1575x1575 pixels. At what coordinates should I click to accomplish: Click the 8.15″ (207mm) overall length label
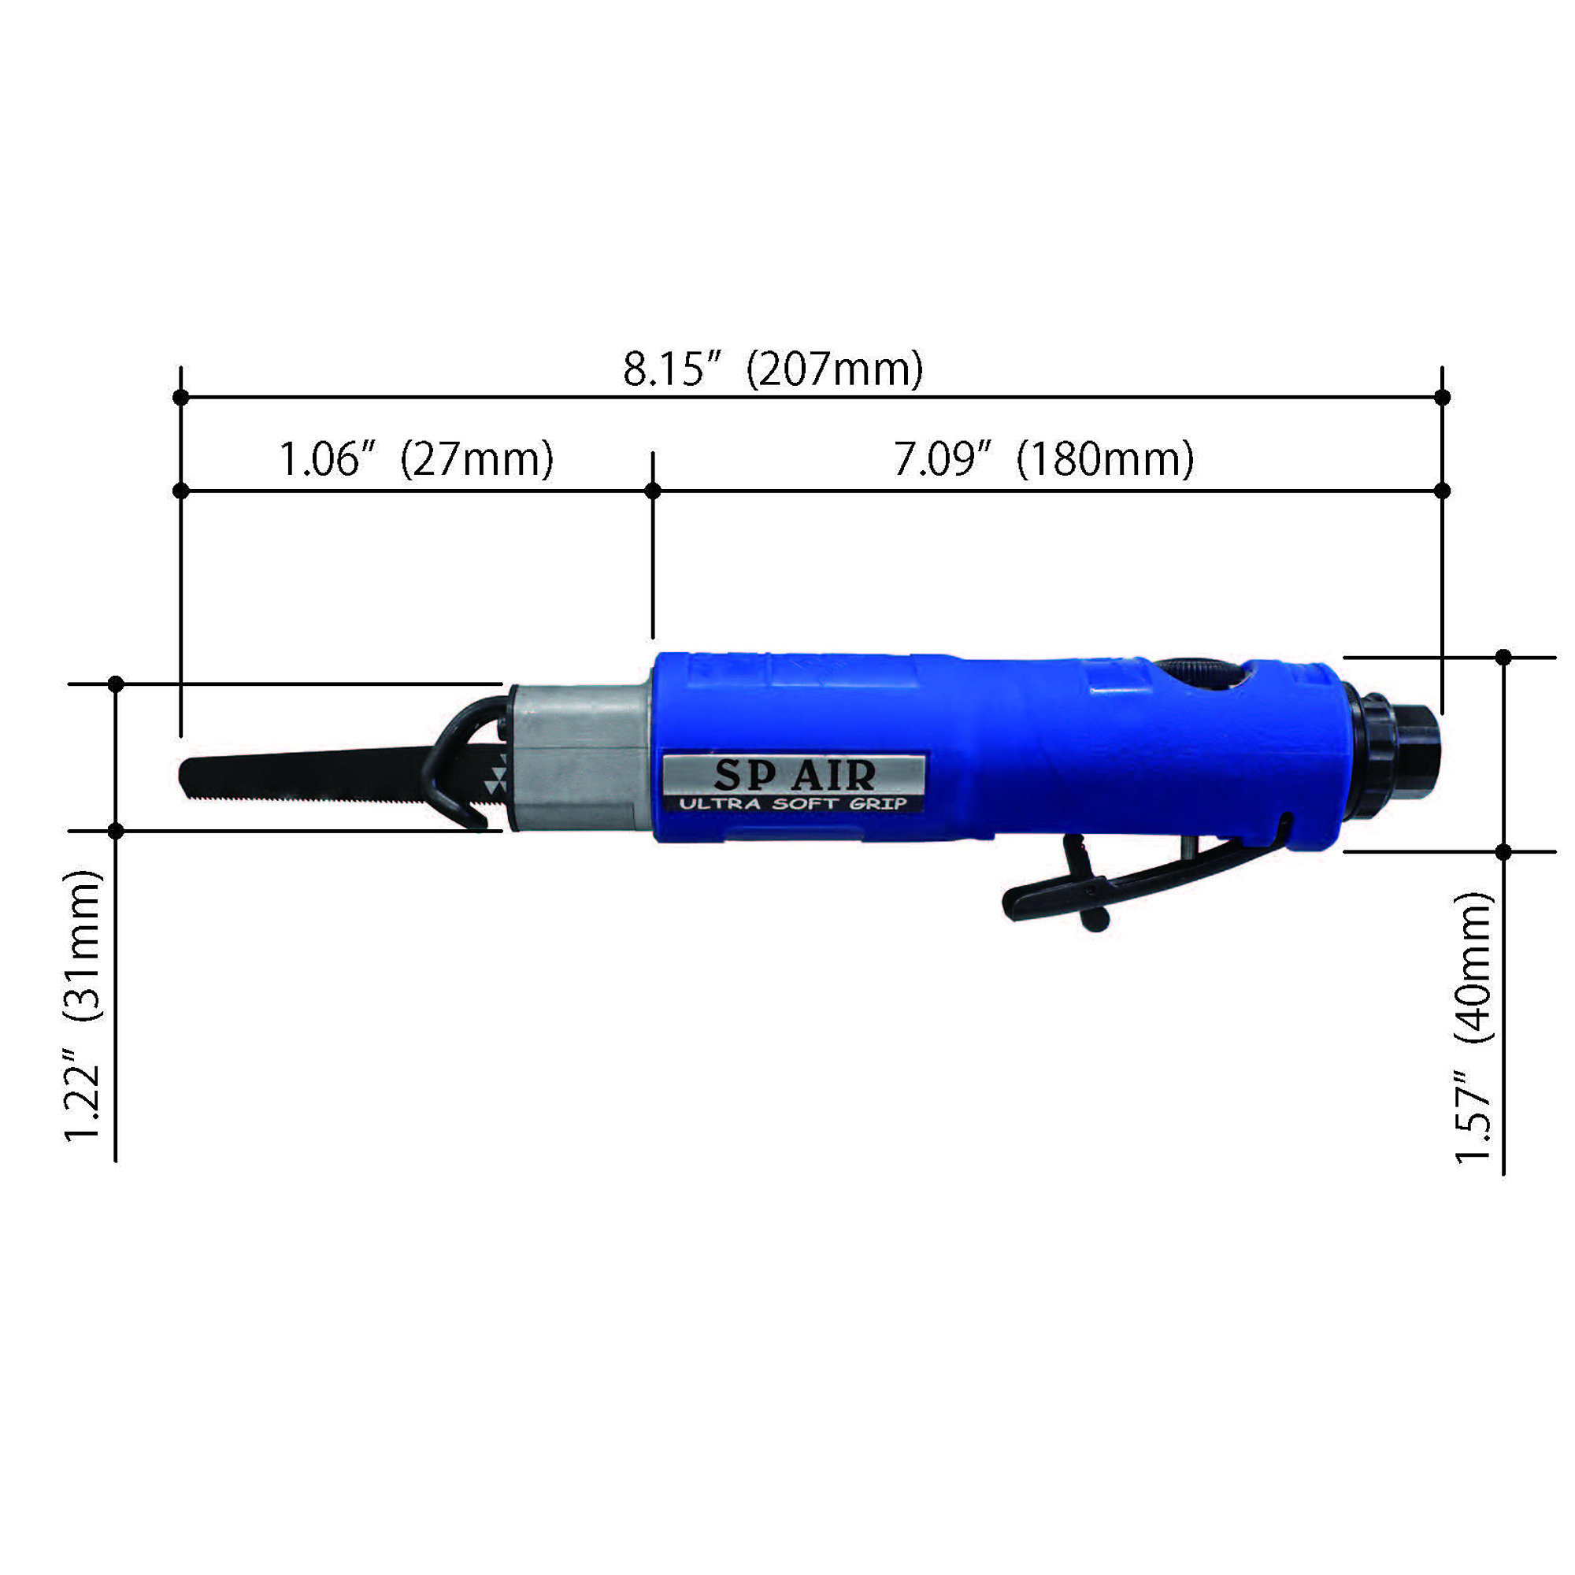(x=773, y=369)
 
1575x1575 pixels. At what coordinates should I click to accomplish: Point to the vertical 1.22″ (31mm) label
(x=84, y=1006)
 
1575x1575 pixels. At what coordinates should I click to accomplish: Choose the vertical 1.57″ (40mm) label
(x=1474, y=1027)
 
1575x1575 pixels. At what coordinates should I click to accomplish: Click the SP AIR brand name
(x=794, y=775)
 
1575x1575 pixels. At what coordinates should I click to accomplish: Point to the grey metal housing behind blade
(x=580, y=758)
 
